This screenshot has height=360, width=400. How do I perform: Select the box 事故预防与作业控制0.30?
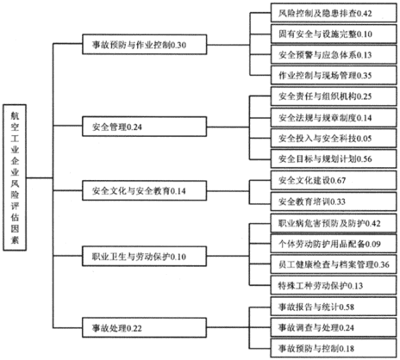click(x=134, y=46)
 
